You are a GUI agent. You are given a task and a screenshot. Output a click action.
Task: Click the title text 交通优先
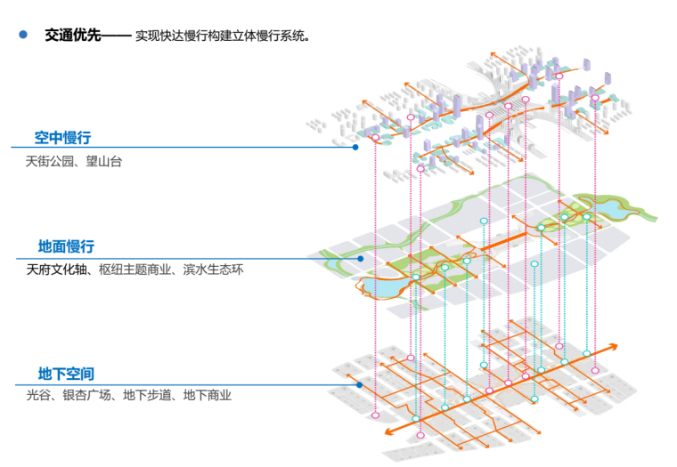click(73, 36)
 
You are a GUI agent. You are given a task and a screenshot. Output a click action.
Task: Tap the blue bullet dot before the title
click(23, 36)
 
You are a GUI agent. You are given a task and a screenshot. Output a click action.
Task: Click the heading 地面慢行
click(65, 246)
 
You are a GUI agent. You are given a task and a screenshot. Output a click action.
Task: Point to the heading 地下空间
click(65, 374)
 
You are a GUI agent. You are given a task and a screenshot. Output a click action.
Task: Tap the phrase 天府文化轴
click(55, 269)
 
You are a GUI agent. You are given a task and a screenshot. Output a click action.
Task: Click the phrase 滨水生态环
click(214, 269)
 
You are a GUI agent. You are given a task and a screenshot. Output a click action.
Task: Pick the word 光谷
click(38, 395)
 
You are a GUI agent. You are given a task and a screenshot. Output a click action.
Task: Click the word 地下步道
click(148, 395)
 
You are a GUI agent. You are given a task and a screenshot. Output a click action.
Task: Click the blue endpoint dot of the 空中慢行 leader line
click(355, 148)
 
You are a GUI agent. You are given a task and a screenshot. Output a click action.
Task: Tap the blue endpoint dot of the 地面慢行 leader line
click(361, 259)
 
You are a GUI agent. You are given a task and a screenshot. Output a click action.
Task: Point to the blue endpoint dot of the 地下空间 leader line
click(359, 385)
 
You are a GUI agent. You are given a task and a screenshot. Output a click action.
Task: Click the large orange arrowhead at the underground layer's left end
click(389, 433)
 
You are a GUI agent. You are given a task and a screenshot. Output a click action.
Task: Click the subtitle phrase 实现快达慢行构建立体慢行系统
click(223, 36)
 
